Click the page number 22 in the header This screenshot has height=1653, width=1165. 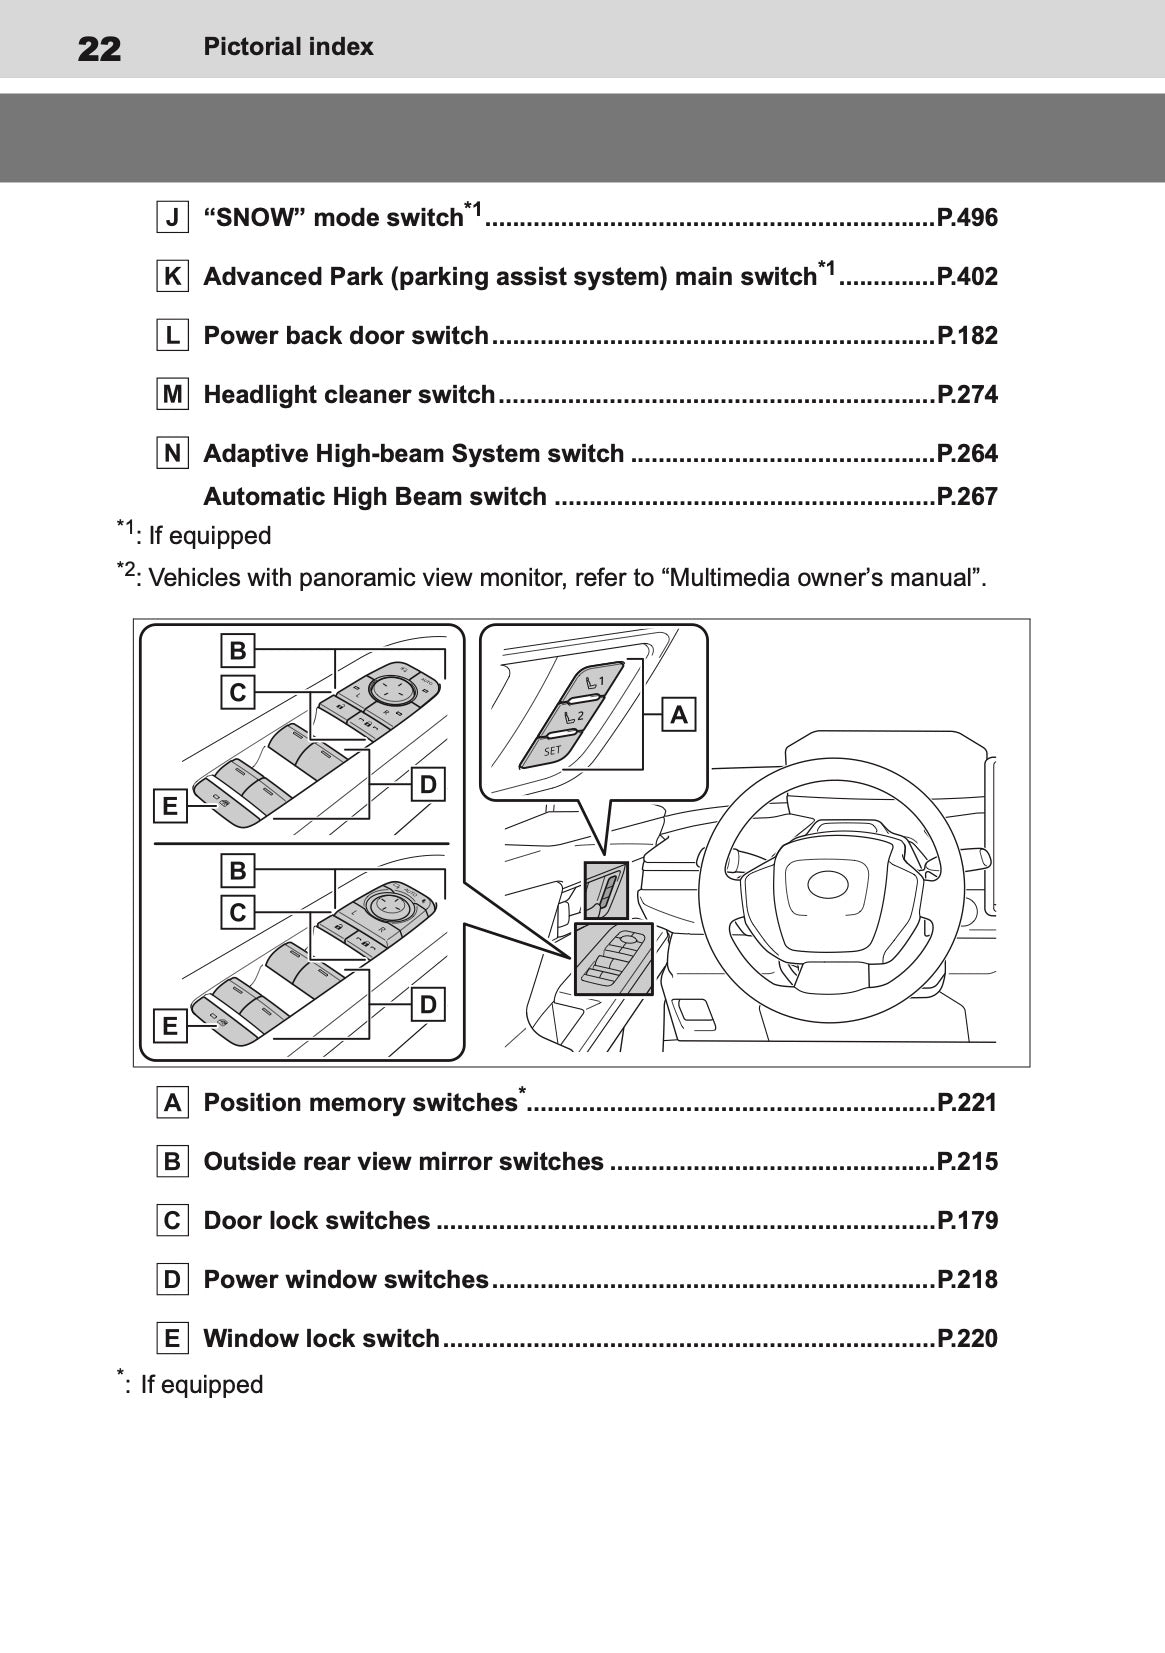[99, 48]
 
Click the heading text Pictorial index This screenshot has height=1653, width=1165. [288, 47]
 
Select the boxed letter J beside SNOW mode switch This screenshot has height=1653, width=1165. [173, 218]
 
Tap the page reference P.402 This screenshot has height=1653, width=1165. [966, 277]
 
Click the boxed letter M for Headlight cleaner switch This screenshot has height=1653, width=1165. [173, 395]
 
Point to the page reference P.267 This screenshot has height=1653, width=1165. [966, 497]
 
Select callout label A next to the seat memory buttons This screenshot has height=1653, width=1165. [679, 715]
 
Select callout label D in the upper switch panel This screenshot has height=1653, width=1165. [428, 785]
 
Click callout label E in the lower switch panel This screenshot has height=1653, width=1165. [170, 1025]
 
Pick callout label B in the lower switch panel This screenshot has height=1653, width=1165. [238, 870]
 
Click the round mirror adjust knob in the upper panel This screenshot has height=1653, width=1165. [390, 687]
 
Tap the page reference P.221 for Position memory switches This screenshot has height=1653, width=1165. [966, 1103]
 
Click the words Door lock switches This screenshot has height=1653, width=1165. [317, 1221]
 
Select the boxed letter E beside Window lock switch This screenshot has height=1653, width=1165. [173, 1339]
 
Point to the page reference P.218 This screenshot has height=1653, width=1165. [966, 1280]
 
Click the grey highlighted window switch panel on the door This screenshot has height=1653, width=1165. [614, 959]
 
